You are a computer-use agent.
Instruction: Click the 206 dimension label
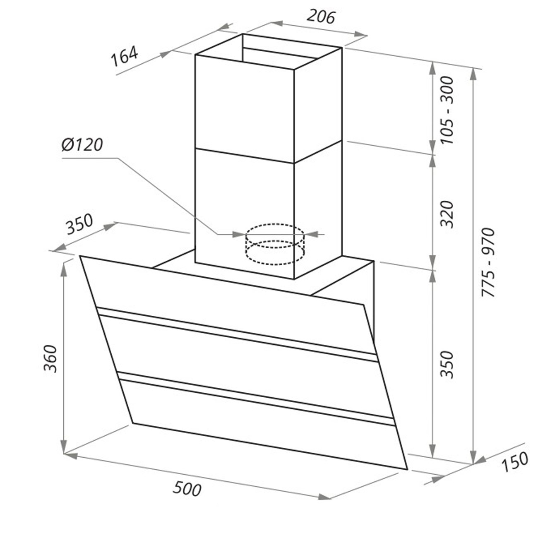(321, 17)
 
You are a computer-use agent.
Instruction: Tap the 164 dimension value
(125, 57)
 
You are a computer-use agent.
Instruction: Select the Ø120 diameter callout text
(82, 144)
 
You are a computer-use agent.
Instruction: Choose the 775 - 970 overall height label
(488, 262)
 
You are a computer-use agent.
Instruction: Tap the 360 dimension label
(50, 359)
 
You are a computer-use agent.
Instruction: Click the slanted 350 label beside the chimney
(79, 224)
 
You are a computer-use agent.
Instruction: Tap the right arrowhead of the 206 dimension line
(360, 35)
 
